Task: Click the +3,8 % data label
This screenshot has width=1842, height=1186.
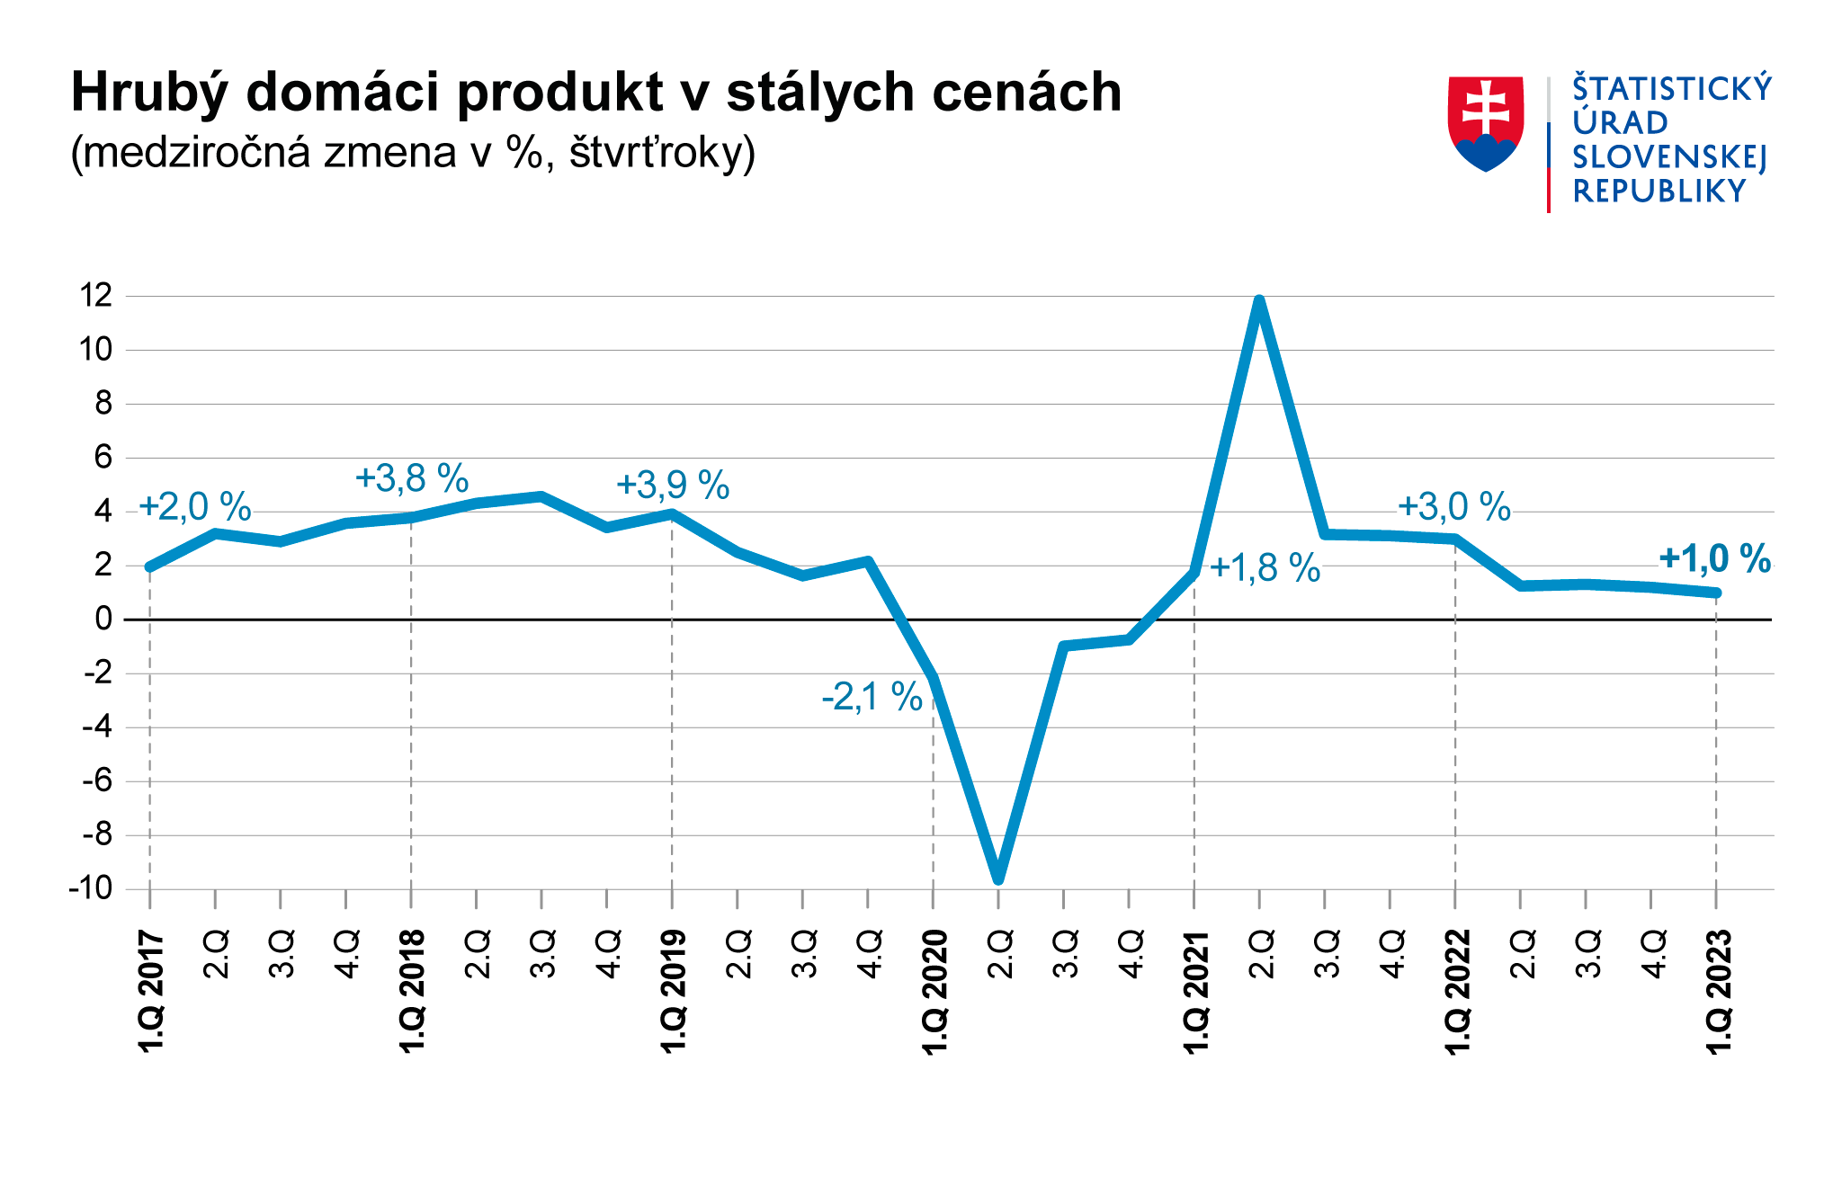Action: pyautogui.click(x=412, y=478)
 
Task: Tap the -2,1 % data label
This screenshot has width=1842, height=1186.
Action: pyautogui.click(x=872, y=697)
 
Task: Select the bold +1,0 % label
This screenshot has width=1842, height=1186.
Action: pyautogui.click(x=1714, y=559)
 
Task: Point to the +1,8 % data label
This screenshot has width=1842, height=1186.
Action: pyautogui.click(x=1265, y=568)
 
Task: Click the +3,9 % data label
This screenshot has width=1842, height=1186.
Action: pyautogui.click(x=673, y=486)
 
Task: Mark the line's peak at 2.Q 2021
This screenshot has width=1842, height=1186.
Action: pyautogui.click(x=1259, y=301)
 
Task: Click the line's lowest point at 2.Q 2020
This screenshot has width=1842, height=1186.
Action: pyautogui.click(x=998, y=878)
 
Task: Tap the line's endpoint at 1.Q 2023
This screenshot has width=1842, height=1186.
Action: pyautogui.click(x=1715, y=593)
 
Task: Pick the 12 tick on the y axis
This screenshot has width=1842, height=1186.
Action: pyautogui.click(x=96, y=295)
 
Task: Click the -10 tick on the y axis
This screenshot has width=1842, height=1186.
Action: pyautogui.click(x=91, y=888)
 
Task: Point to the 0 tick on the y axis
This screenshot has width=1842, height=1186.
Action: pyautogui.click(x=104, y=619)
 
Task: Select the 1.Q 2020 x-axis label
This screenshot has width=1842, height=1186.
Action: pyautogui.click(x=934, y=992)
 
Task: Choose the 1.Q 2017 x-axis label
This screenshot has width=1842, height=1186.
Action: pyautogui.click(x=151, y=992)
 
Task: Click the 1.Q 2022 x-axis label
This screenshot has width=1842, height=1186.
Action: pyautogui.click(x=1457, y=992)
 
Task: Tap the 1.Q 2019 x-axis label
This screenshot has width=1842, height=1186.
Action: pyautogui.click(x=674, y=992)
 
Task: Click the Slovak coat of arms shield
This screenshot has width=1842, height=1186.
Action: pyautogui.click(x=1485, y=122)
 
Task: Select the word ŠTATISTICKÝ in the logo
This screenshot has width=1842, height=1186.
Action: pyautogui.click(x=1671, y=88)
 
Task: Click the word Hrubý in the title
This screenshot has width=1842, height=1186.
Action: pyautogui.click(x=147, y=93)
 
